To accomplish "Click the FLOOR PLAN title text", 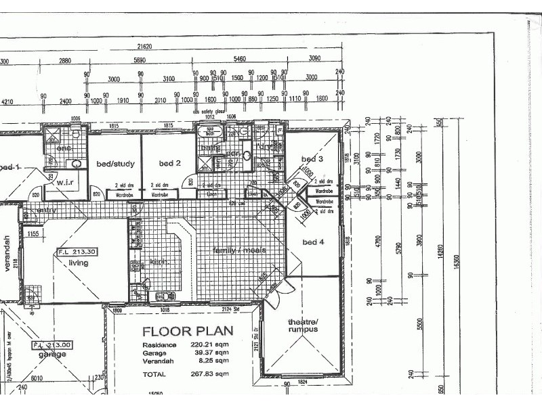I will (188, 332).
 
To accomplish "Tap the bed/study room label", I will (115, 164).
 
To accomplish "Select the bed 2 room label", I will (169, 163).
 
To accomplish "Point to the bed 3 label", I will (312, 158).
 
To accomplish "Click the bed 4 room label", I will (314, 242).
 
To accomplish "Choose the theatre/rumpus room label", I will (303, 326).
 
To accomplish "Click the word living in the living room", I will (79, 262).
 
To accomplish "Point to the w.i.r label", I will (65, 182).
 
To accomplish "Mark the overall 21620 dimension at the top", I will (144, 47).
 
